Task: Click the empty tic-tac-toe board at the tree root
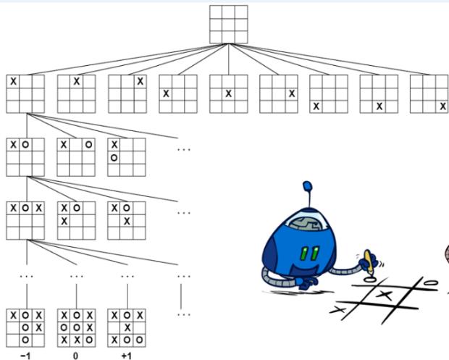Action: coord(229,25)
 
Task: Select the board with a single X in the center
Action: coord(229,94)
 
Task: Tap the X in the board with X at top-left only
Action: coord(13,81)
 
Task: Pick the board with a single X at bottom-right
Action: coord(429,94)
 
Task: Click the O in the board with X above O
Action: coord(114,157)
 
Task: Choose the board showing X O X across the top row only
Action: coord(25,220)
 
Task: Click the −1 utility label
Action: coord(25,356)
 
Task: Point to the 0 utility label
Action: coord(75,356)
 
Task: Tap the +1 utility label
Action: coord(126,356)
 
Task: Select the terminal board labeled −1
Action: coord(25,328)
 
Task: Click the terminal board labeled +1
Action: coord(127,328)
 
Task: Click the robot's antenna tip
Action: coord(307,186)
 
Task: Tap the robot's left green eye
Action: coord(306,254)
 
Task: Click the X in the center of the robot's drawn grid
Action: coord(385,295)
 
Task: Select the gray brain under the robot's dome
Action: coord(306,224)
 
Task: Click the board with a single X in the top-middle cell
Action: coord(77,94)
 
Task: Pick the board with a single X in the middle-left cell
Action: coord(178,94)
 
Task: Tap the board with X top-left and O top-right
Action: coord(76,157)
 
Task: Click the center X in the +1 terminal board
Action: coord(127,327)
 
